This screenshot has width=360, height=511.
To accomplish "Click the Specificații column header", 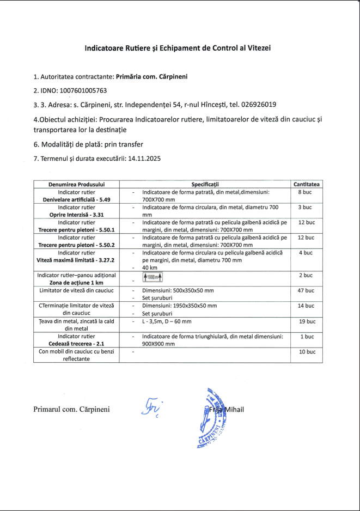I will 209,185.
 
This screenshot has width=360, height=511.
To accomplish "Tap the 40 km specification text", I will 149,267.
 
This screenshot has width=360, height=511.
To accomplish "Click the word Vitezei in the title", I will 258,48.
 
